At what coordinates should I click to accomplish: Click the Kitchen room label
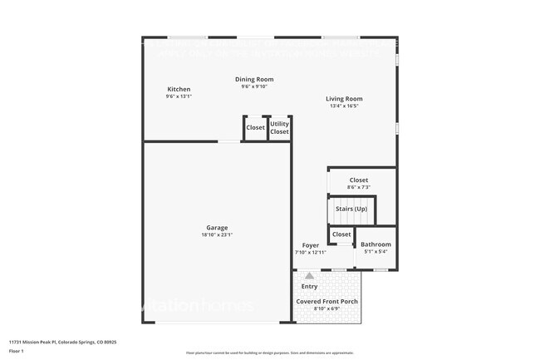[x=179, y=89]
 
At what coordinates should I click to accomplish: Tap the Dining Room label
[x=254, y=79]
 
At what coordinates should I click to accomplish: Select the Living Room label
[x=344, y=99]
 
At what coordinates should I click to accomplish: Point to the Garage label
[x=217, y=227]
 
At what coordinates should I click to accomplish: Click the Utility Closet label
[x=280, y=127]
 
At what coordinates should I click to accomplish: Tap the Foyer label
[x=310, y=245]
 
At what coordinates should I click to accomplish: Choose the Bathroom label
[x=376, y=244]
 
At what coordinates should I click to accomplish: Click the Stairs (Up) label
[x=351, y=209]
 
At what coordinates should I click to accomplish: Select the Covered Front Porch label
[x=326, y=302]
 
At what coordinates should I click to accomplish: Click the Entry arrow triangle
[x=310, y=275]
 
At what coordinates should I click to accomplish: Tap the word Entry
[x=309, y=286]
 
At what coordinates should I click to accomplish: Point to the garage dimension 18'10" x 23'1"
[x=217, y=234]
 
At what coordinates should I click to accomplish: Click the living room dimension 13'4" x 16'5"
[x=344, y=106]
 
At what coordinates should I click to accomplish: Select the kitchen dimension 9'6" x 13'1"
[x=179, y=96]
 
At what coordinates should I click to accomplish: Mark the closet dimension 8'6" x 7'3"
[x=359, y=187]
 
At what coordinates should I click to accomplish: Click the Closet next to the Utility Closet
[x=255, y=127]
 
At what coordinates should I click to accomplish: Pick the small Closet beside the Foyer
[x=341, y=235]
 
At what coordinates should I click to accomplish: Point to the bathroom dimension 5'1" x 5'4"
[x=376, y=251]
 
